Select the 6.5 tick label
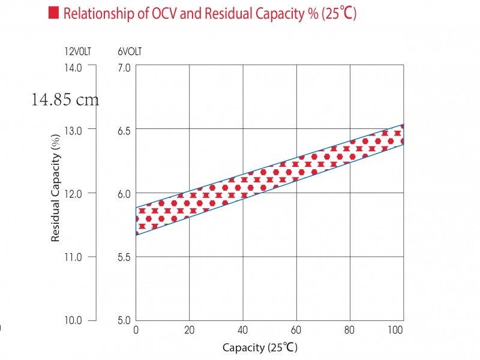click(x=124, y=129)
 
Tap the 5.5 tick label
click(x=124, y=257)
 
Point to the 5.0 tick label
click(x=124, y=320)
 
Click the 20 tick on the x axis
click(x=190, y=331)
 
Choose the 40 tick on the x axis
click(x=243, y=331)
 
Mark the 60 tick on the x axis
click(x=296, y=331)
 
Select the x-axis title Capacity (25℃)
click(x=260, y=347)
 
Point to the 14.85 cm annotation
click(x=65, y=100)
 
